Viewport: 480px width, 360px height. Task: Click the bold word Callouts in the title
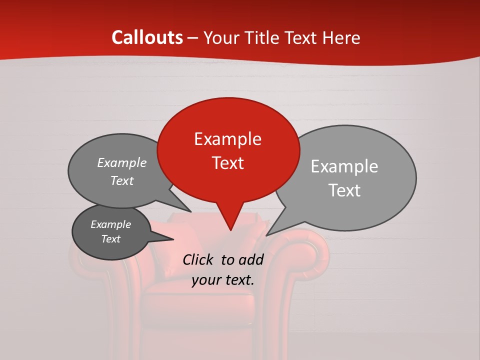click(x=147, y=37)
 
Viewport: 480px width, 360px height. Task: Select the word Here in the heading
click(x=341, y=37)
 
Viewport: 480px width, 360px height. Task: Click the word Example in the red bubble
click(x=227, y=139)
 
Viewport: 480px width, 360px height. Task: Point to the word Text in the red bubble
click(x=227, y=163)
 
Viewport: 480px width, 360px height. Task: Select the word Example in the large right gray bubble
click(x=344, y=166)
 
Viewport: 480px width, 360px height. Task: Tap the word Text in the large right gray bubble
click(x=344, y=190)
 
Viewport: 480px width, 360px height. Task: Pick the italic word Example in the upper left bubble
click(x=121, y=163)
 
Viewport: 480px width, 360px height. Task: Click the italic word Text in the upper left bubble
click(x=121, y=181)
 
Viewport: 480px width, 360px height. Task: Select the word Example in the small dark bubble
click(x=110, y=225)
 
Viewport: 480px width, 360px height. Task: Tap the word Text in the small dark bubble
click(x=110, y=239)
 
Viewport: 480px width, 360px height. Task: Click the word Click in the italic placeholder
click(x=199, y=259)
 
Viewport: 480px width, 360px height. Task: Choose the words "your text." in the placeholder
click(x=223, y=280)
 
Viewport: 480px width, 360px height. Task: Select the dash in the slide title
click(x=193, y=38)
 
